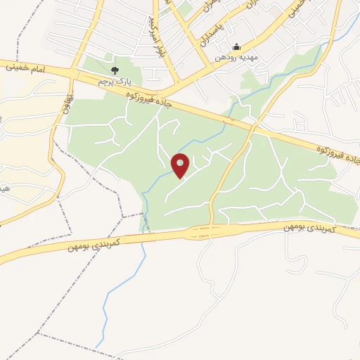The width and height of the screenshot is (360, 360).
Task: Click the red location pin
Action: coord(181,166)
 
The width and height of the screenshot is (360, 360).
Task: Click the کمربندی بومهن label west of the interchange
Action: coord(96,243)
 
